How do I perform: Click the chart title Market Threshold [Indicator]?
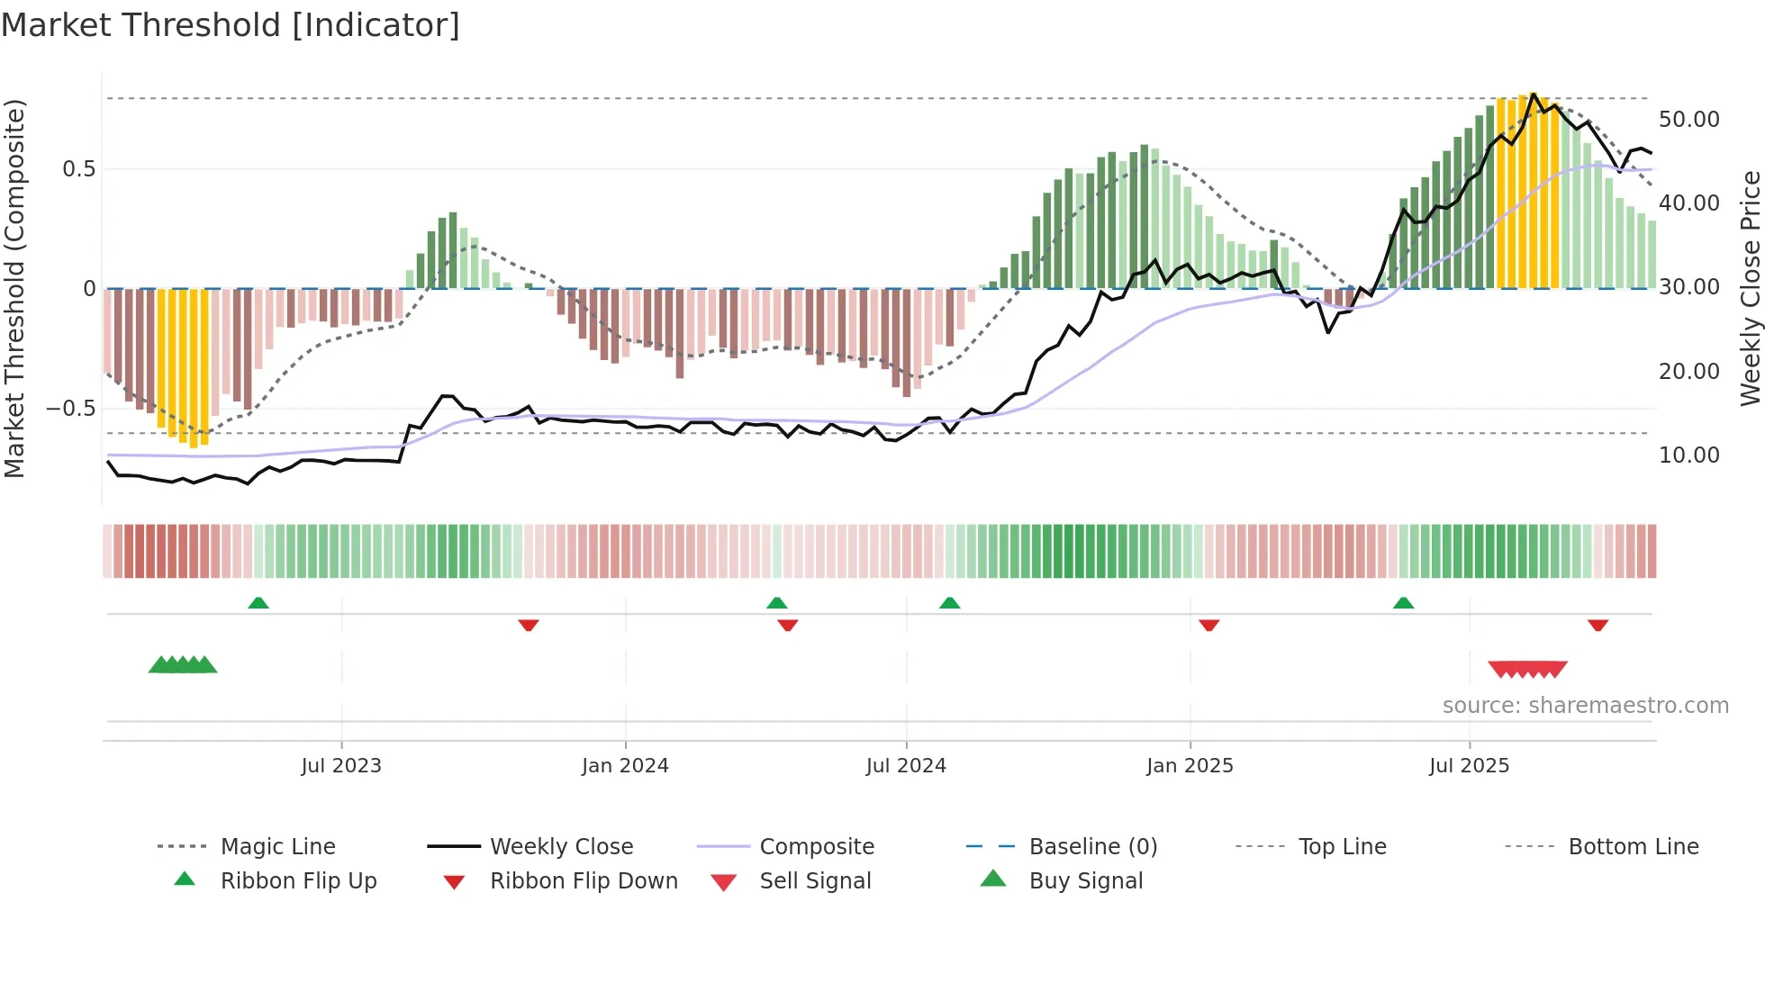click(231, 25)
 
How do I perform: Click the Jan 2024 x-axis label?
click(625, 766)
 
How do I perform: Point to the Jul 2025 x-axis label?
click(1469, 766)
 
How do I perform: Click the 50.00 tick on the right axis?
click(1688, 120)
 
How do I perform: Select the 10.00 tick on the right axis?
click(1688, 455)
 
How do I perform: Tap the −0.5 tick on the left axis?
click(71, 409)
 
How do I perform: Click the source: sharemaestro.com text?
click(1585, 706)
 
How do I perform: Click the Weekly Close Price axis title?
click(1750, 288)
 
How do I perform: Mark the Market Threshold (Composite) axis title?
click(14, 288)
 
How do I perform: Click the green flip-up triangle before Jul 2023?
click(258, 603)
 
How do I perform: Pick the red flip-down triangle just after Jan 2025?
click(1208, 625)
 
